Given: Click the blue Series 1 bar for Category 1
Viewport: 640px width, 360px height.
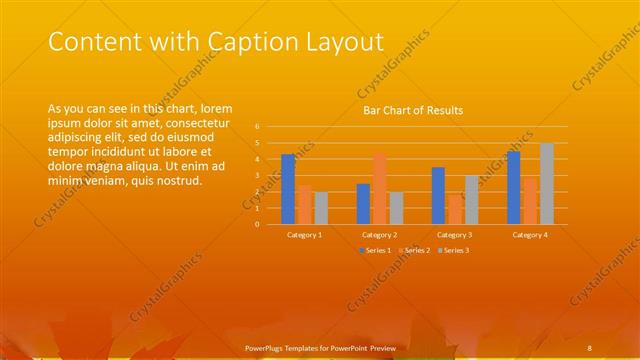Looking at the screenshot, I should [x=288, y=189].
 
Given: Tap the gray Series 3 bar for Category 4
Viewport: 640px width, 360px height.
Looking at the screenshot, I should [x=546, y=184].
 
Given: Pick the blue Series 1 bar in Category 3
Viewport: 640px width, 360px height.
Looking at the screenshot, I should [x=438, y=196].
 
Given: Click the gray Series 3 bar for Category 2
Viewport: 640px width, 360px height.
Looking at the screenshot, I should [x=396, y=208].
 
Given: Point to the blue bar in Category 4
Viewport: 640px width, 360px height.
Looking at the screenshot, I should [x=513, y=188].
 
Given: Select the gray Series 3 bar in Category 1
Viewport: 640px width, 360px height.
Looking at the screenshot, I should [x=321, y=208].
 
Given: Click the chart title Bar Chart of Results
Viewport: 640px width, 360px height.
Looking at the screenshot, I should [x=412, y=110].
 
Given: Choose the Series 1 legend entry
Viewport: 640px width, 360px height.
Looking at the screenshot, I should [x=374, y=249].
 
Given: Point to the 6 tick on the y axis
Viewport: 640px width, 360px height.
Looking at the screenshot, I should [x=257, y=127].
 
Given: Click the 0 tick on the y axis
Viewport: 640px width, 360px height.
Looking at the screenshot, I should [x=257, y=224].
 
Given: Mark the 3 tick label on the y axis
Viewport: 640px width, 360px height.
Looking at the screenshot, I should [x=257, y=176].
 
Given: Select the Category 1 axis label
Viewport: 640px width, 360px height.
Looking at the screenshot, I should [x=304, y=234].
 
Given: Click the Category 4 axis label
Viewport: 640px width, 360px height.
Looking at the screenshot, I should [x=530, y=234].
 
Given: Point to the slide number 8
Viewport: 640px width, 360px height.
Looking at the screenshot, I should [x=590, y=346].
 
